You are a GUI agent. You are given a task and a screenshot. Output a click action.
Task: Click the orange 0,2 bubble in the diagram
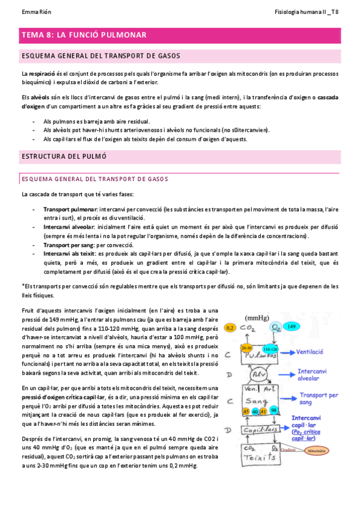pos(230,328)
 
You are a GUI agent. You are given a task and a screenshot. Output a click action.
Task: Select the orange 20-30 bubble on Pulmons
pos(230,348)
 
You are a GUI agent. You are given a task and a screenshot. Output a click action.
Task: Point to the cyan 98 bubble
pos(274,411)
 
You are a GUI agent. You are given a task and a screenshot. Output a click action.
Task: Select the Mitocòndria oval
pos(315,450)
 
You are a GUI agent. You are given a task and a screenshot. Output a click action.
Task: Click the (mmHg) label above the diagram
pos(257,317)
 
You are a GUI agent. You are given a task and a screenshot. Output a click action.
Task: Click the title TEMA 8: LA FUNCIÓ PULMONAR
pos(84,35)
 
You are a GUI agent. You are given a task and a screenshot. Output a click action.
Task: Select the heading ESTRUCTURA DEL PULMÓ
pos(64,156)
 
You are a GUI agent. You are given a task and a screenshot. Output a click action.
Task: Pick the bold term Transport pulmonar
pos(70,209)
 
